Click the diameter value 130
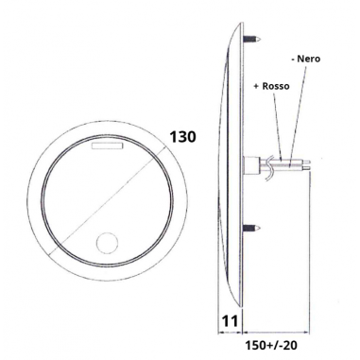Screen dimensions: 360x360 coord(182,138)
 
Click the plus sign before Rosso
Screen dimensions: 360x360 coord(256,86)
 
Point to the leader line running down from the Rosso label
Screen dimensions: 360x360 coord(276,118)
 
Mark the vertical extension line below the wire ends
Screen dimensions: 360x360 coord(310,246)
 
